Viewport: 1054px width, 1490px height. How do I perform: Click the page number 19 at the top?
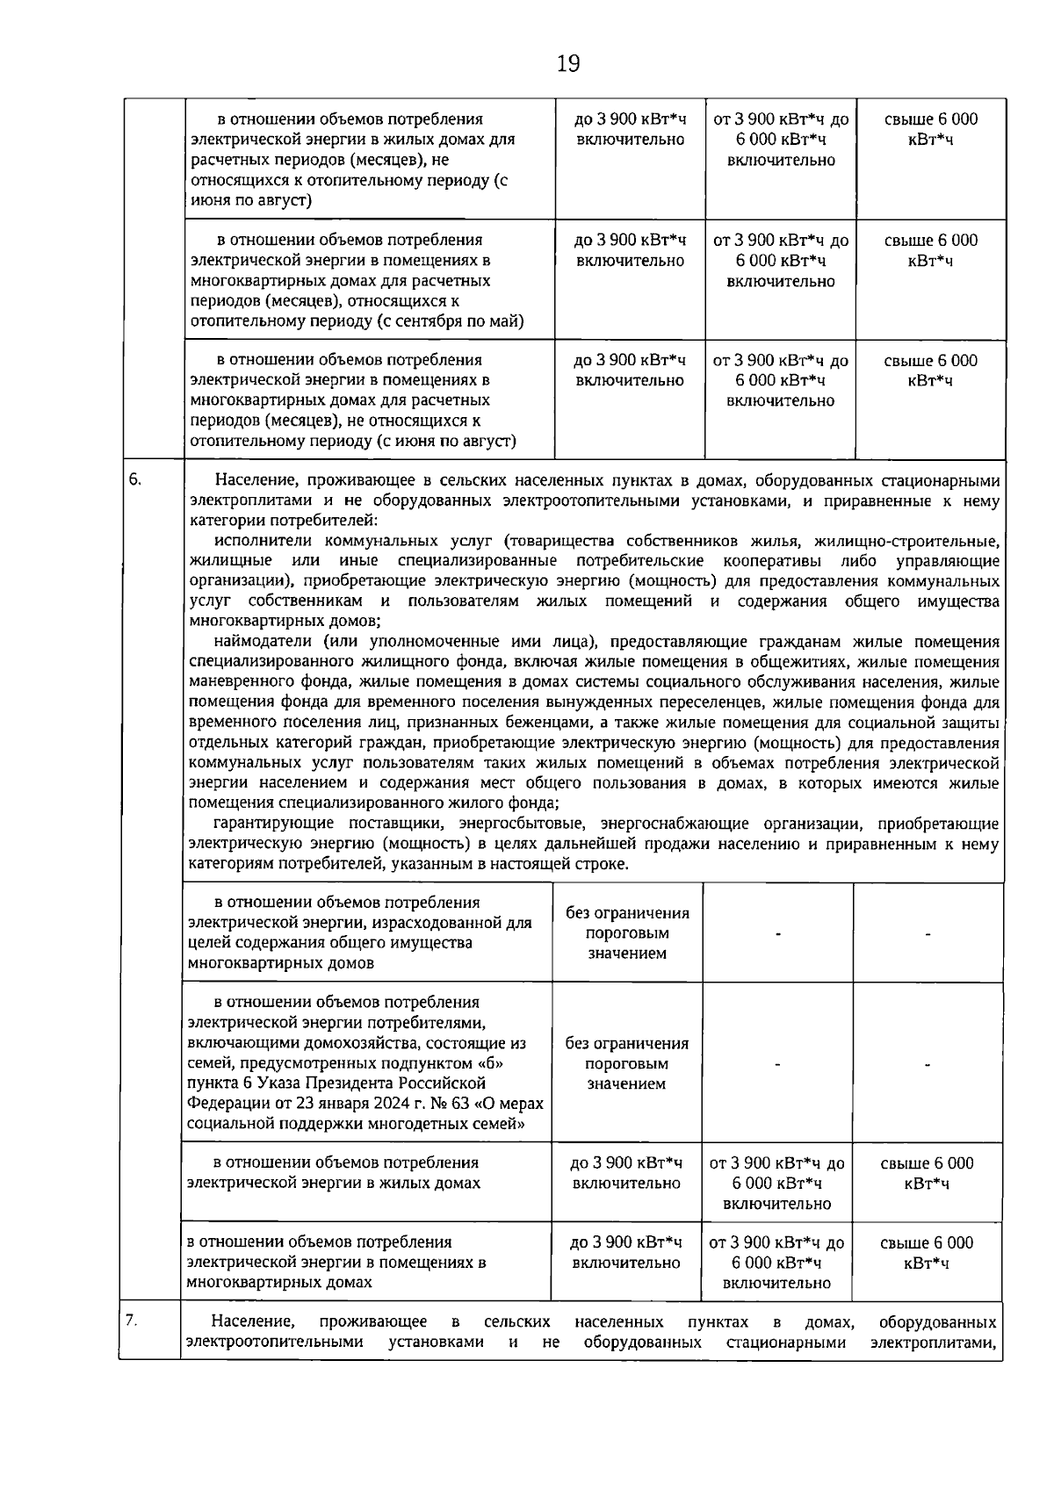pos(568,63)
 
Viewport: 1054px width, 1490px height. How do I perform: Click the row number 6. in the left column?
pos(135,479)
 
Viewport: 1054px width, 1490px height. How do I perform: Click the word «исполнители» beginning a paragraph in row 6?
pos(261,541)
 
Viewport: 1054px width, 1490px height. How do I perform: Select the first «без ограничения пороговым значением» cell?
pos(627,932)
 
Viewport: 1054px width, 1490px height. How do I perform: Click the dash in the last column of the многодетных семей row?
pos(927,1064)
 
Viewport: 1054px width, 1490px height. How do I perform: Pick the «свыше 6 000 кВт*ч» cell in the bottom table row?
pos(927,1252)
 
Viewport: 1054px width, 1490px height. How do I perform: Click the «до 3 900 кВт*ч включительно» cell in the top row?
pos(631,129)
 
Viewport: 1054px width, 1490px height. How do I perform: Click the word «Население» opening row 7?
pos(253,1322)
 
